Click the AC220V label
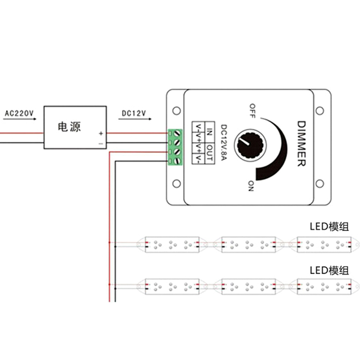tap(19, 113)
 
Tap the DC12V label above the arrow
tap(134, 113)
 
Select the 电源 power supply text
tap(69, 126)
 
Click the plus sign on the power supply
tap(101, 134)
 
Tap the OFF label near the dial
tap(252, 111)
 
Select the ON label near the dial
tap(251, 186)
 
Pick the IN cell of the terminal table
tap(210, 132)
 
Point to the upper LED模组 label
tap(329, 226)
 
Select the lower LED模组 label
tap(329, 270)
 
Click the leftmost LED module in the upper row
tap(171, 244)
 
